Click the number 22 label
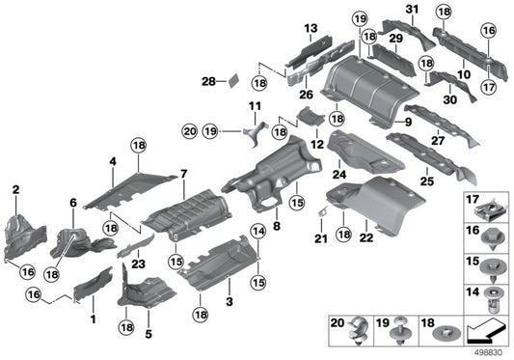tap(367, 237)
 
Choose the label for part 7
tap(181, 173)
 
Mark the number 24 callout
tap(338, 175)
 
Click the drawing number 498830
tap(492, 351)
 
